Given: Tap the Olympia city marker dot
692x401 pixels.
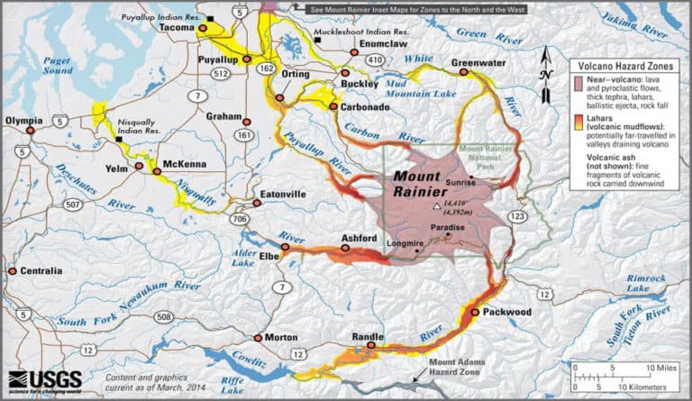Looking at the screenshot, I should coord(29,131).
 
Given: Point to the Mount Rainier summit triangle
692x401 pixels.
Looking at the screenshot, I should coord(437,207).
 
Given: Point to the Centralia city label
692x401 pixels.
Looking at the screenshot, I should coord(41,270).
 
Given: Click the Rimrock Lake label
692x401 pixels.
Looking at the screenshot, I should coord(626,283).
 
